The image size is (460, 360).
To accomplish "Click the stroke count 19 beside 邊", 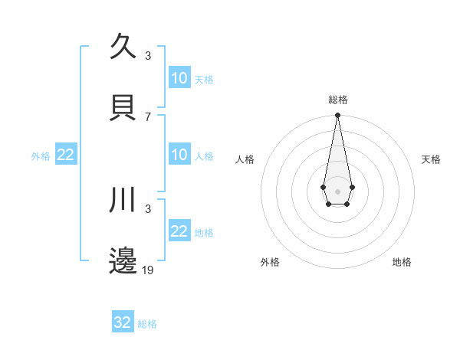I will (x=148, y=270).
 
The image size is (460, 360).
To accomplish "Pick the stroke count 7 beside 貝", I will (x=148, y=116).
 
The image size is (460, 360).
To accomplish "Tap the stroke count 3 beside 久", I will (x=148, y=55).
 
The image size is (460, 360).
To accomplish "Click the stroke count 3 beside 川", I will (x=148, y=208).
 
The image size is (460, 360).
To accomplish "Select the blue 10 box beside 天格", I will (x=179, y=78).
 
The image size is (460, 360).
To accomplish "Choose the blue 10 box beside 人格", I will (x=179, y=155).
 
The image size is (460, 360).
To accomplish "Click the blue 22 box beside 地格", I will (x=179, y=231).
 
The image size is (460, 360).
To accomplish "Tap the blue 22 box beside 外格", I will (x=66, y=155).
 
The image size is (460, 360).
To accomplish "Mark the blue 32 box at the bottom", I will (x=123, y=322).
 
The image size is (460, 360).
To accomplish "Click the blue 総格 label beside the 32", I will (x=147, y=324).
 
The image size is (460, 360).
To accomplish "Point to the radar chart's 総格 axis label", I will (x=338, y=100).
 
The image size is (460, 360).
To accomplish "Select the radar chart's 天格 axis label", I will (x=431, y=159).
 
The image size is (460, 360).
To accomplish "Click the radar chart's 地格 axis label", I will (x=402, y=262).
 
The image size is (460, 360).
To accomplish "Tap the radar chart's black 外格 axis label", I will (x=270, y=262).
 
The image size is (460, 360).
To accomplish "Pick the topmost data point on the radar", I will (x=337, y=116).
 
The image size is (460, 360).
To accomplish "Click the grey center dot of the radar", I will (x=337, y=191).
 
